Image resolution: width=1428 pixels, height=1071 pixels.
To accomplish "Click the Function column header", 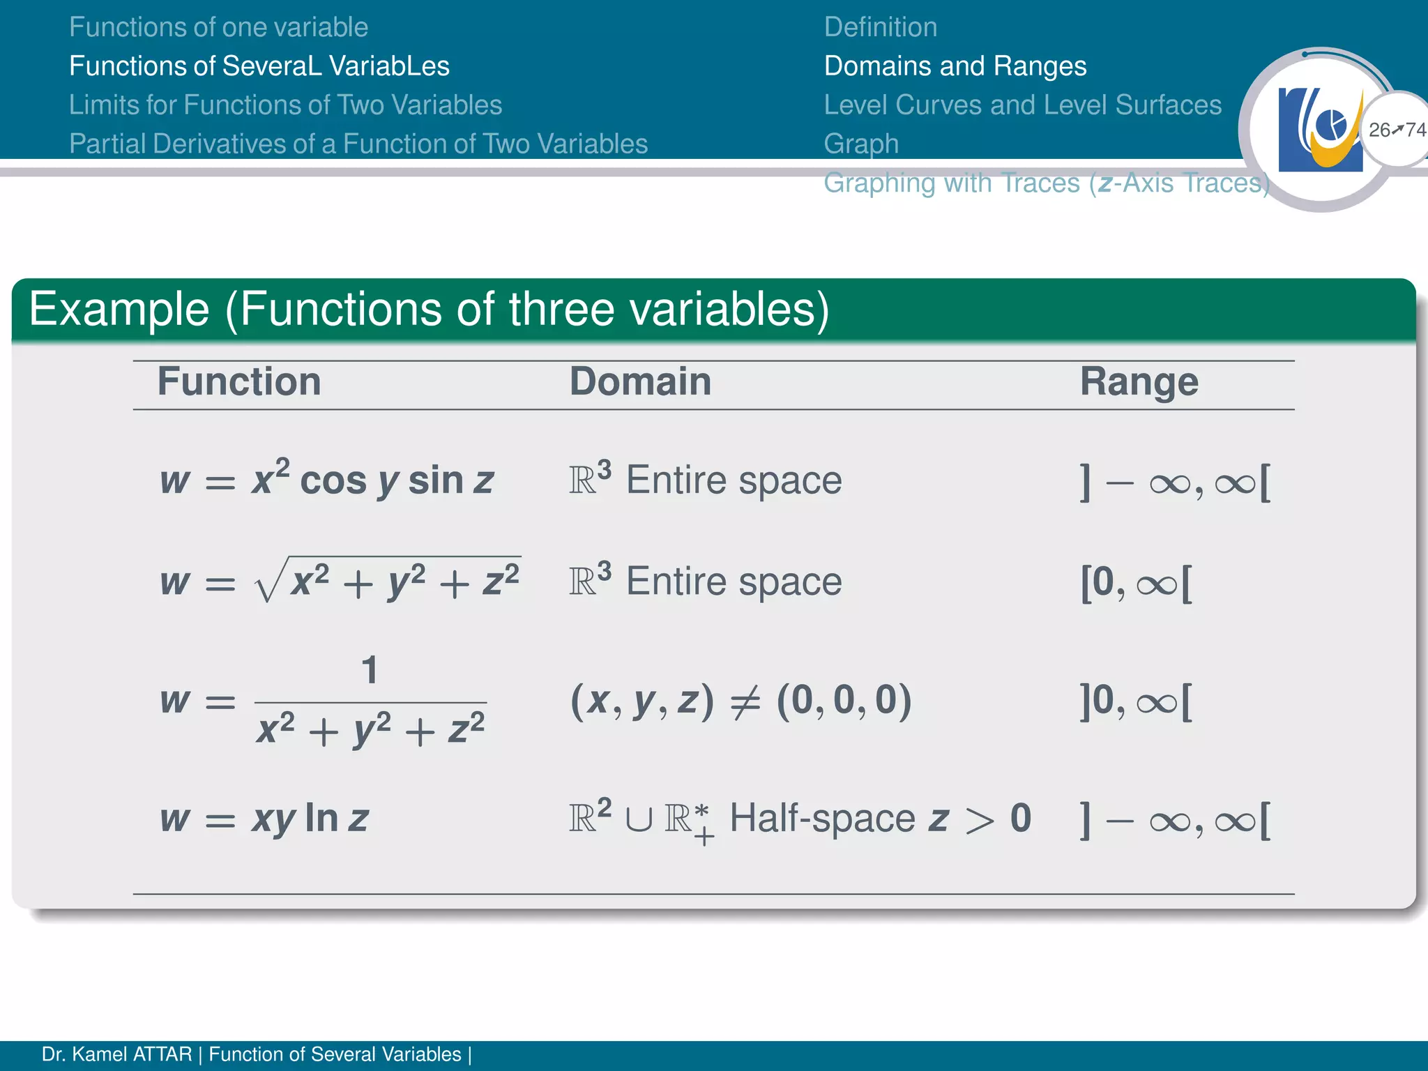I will tap(238, 382).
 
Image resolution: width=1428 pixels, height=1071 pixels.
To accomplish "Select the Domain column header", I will tap(640, 382).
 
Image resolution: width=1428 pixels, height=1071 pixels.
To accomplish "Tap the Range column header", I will tap(1139, 382).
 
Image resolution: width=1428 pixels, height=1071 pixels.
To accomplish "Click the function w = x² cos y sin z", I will tap(326, 480).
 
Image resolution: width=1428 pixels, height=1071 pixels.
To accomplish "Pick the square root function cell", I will tap(340, 580).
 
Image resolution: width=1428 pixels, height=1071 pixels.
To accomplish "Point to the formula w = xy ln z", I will tap(264, 819).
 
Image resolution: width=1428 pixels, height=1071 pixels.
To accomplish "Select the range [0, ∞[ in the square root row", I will tap(1136, 583).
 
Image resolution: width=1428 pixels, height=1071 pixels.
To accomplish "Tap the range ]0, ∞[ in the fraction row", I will tap(1136, 701).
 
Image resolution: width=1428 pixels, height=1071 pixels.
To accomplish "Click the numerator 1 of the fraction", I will tap(370, 670).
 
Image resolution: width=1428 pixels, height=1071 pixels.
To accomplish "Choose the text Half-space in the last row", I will tap(821, 819).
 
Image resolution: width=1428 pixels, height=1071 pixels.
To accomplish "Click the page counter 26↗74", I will tap(1397, 130).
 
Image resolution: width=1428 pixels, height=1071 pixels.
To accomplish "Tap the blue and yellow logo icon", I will tap(1320, 130).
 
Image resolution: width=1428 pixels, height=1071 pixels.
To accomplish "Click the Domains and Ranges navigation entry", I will tap(955, 66).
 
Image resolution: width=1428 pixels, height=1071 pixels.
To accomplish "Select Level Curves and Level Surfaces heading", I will tap(1022, 105).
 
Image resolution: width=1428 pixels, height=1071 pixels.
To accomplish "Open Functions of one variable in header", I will tap(218, 27).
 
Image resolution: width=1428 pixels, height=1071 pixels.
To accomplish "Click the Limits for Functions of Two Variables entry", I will tap(285, 105).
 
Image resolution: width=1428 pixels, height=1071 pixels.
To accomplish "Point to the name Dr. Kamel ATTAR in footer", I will tap(116, 1054).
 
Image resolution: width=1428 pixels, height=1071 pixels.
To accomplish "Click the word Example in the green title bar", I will tap(119, 309).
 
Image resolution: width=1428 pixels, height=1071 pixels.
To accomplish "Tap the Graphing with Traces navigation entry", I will tap(1046, 183).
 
